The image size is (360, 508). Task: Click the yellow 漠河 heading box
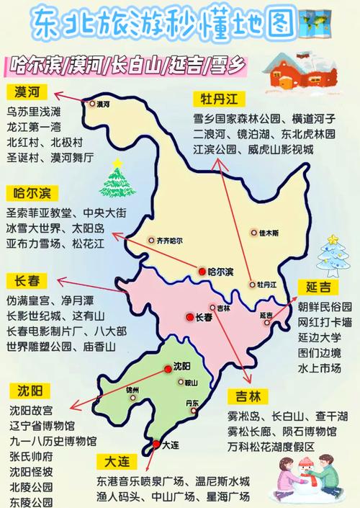pos(27,92)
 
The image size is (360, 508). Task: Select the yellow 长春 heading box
pos(27,280)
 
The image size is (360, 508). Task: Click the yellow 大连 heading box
pos(116,460)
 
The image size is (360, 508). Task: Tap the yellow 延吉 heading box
pos(318,288)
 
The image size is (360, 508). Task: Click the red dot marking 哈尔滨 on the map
pos(202,272)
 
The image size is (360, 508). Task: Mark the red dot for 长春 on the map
pos(188,316)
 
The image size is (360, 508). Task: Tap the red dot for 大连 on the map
pos(156,445)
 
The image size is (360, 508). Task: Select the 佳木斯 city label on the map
pos(263,233)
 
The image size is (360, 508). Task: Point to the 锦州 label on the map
pos(131,391)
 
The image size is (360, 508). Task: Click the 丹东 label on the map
pos(192,403)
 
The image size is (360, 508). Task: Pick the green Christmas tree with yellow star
pos(114,180)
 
